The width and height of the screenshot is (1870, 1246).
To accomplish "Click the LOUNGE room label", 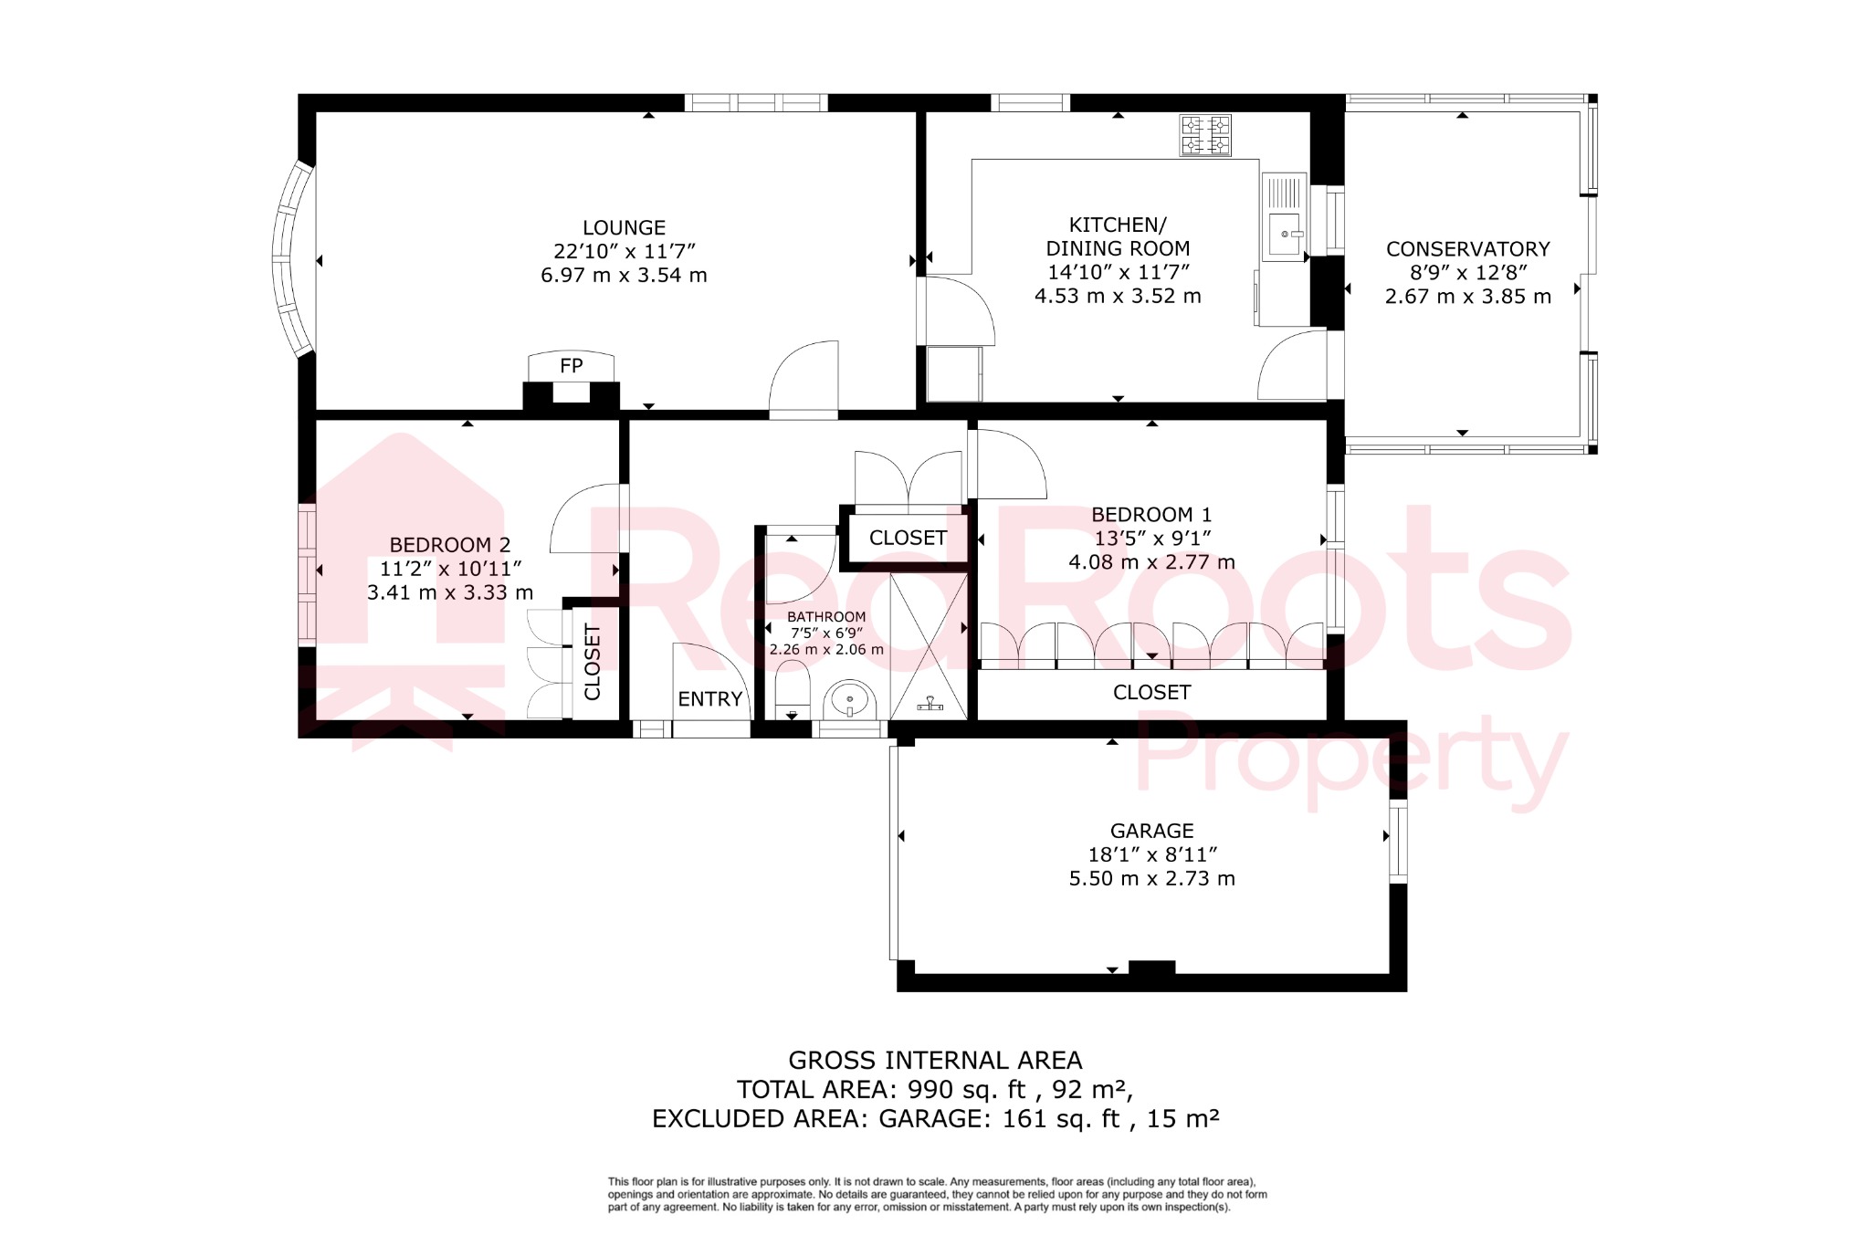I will [624, 227].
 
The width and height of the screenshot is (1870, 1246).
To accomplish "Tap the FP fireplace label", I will [571, 366].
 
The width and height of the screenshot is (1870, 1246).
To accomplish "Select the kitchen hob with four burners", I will [1205, 136].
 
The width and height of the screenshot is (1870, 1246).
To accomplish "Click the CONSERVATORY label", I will [1467, 249].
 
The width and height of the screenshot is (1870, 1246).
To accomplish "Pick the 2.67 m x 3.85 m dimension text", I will [1467, 297].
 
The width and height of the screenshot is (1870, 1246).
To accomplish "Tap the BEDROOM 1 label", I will [1151, 515].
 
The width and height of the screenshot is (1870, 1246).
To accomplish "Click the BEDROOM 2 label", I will [450, 545].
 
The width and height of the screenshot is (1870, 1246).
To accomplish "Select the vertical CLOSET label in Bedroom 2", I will [593, 663].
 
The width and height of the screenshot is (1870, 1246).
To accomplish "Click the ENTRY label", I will [709, 699].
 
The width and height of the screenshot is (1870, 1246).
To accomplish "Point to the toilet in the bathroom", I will [792, 689].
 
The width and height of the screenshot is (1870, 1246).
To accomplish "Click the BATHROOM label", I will [826, 617].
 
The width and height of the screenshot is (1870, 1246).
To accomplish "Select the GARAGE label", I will [1151, 831].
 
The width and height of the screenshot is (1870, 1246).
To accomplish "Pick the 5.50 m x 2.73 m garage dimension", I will [1151, 879].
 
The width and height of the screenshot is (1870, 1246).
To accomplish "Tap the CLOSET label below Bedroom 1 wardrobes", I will [1151, 693].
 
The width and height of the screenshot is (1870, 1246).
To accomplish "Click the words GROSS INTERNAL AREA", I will [935, 1061].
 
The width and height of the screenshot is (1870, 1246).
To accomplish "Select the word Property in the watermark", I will [1351, 758].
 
